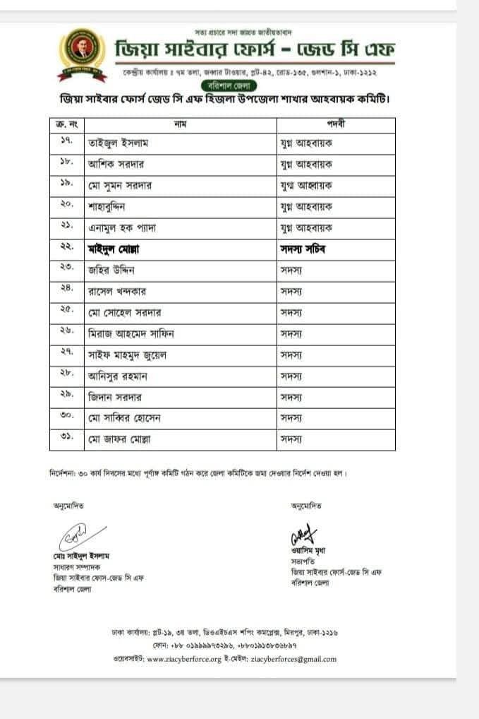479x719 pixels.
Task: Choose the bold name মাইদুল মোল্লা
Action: tap(115, 249)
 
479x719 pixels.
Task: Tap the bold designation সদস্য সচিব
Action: tap(304, 249)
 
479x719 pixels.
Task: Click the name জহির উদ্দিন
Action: tap(111, 270)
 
